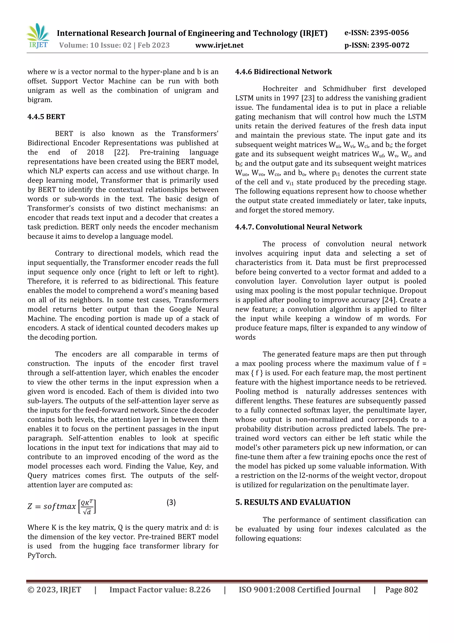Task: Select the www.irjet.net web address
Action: pos(219,45)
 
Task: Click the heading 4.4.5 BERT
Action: pos(46,117)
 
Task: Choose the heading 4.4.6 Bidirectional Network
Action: pos(283,72)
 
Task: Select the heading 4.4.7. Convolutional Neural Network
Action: pos(298,227)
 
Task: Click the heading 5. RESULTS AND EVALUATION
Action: pos(293,502)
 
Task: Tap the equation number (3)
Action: pos(171,503)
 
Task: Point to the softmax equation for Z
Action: pos(62,506)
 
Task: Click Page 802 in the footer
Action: pos(401,590)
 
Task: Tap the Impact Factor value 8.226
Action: pos(160,590)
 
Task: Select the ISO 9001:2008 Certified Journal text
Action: pos(299,590)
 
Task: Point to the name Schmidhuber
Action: pos(344,89)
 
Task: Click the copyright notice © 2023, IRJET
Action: pos(54,590)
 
